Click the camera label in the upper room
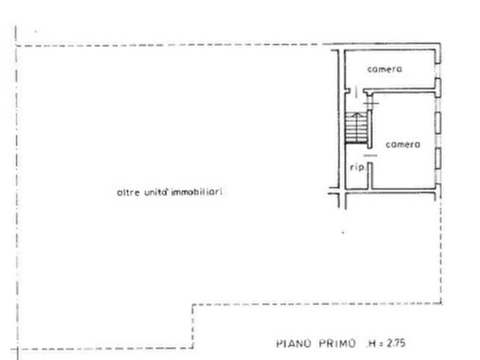[384, 69]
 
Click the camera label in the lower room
[403, 144]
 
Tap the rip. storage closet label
[357, 168]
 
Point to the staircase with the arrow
[356, 127]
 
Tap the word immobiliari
[197, 192]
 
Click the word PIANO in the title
[294, 343]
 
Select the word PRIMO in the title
[338, 343]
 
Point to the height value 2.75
[396, 343]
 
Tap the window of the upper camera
[438, 71]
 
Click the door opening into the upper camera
[356, 91]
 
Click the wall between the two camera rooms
[399, 90]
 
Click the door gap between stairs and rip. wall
[370, 155]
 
